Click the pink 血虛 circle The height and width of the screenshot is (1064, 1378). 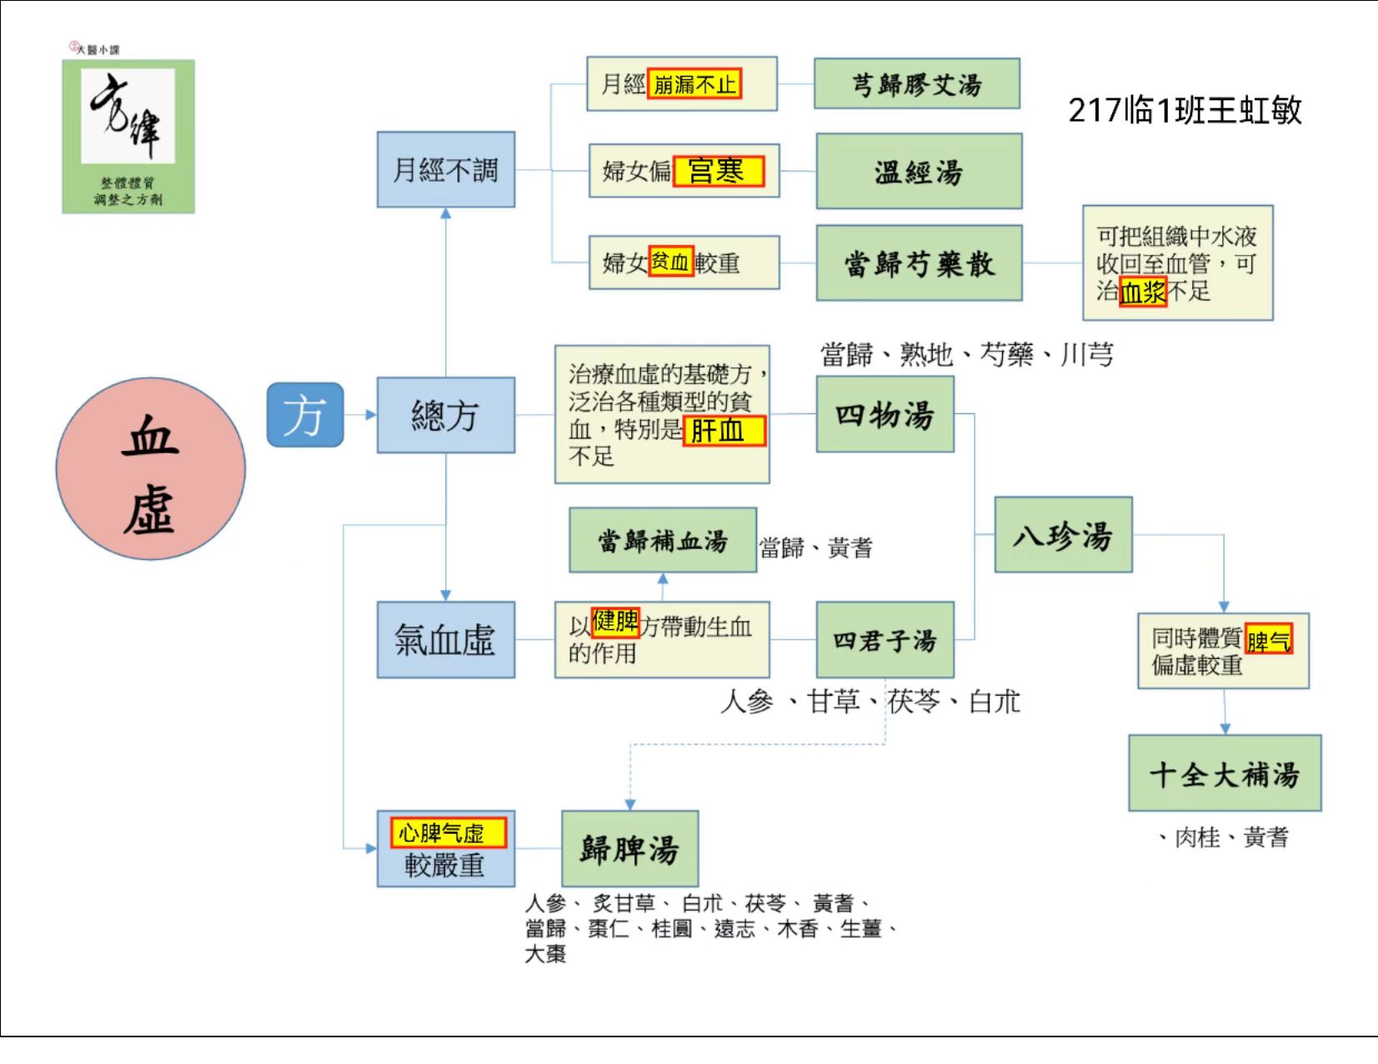150,468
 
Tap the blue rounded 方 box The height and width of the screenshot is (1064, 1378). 305,414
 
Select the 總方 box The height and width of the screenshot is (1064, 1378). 446,415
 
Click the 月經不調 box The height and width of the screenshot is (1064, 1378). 446,169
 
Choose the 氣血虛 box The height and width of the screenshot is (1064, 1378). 446,639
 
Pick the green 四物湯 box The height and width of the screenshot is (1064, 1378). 884,414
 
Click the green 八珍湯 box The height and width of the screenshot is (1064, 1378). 1063,534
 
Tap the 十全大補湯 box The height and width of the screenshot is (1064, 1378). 1225,772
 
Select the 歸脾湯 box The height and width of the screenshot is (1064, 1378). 629,848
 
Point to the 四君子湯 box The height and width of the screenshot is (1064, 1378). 884,639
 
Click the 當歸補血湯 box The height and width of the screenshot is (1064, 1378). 663,540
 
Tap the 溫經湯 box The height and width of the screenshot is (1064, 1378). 919,171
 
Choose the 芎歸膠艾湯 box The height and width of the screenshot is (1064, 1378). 917,83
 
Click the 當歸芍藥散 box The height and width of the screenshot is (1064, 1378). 919,262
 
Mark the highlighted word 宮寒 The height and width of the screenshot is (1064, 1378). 719,171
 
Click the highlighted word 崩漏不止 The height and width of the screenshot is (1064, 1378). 694,83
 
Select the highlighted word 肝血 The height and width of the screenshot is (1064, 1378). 724,431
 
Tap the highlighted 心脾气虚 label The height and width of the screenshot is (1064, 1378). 448,832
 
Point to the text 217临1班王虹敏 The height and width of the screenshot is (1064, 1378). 1185,110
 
